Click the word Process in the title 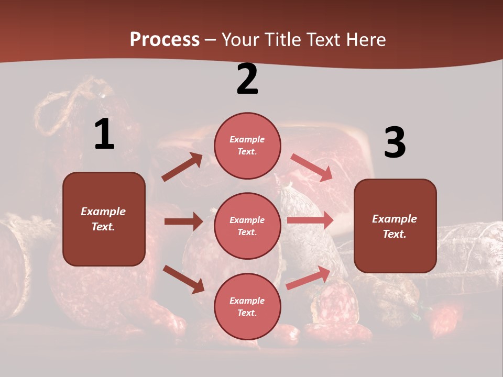pos(165,39)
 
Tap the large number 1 pos(104,134)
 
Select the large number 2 pos(247,79)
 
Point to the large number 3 pos(395,143)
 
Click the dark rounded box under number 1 pos(104,219)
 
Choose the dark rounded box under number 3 pos(395,226)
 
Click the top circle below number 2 pos(247,146)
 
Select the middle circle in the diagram pos(247,226)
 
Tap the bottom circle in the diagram pos(247,306)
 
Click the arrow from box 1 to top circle pos(182,167)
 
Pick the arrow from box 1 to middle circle pos(183,221)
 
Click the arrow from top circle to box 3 pos(311,168)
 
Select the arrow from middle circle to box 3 pos(310,220)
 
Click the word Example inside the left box pos(103,212)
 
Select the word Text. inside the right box pos(395,234)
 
